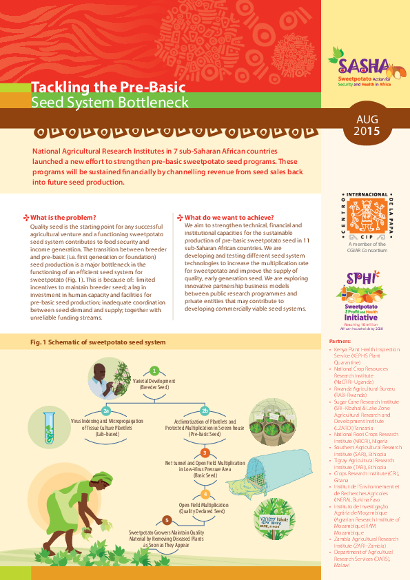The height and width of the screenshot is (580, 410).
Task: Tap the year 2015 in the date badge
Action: [x=367, y=131]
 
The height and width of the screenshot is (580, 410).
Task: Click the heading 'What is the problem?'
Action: [x=63, y=217]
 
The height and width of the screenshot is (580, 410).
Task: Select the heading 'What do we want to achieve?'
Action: [x=229, y=217]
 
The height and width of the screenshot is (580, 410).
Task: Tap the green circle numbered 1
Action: [x=155, y=371]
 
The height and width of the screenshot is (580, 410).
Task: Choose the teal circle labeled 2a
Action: [x=105, y=411]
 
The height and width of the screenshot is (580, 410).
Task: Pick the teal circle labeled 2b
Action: [x=204, y=411]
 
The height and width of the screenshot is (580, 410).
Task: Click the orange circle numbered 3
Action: [x=204, y=453]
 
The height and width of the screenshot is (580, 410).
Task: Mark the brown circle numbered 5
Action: [x=165, y=519]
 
